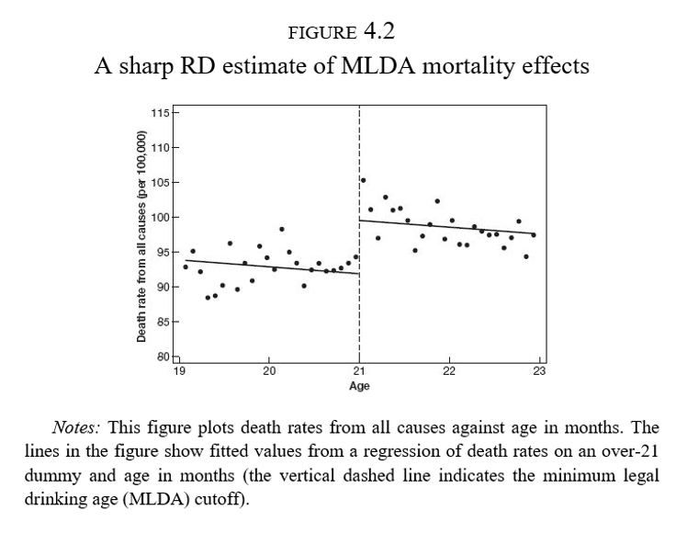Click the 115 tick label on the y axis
coord(161,112)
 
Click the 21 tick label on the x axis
coord(358,370)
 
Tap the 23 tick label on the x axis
coord(539,370)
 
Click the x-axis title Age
coord(359,386)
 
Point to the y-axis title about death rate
coord(142,237)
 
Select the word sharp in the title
coord(146,68)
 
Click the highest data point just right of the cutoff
coord(363,180)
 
